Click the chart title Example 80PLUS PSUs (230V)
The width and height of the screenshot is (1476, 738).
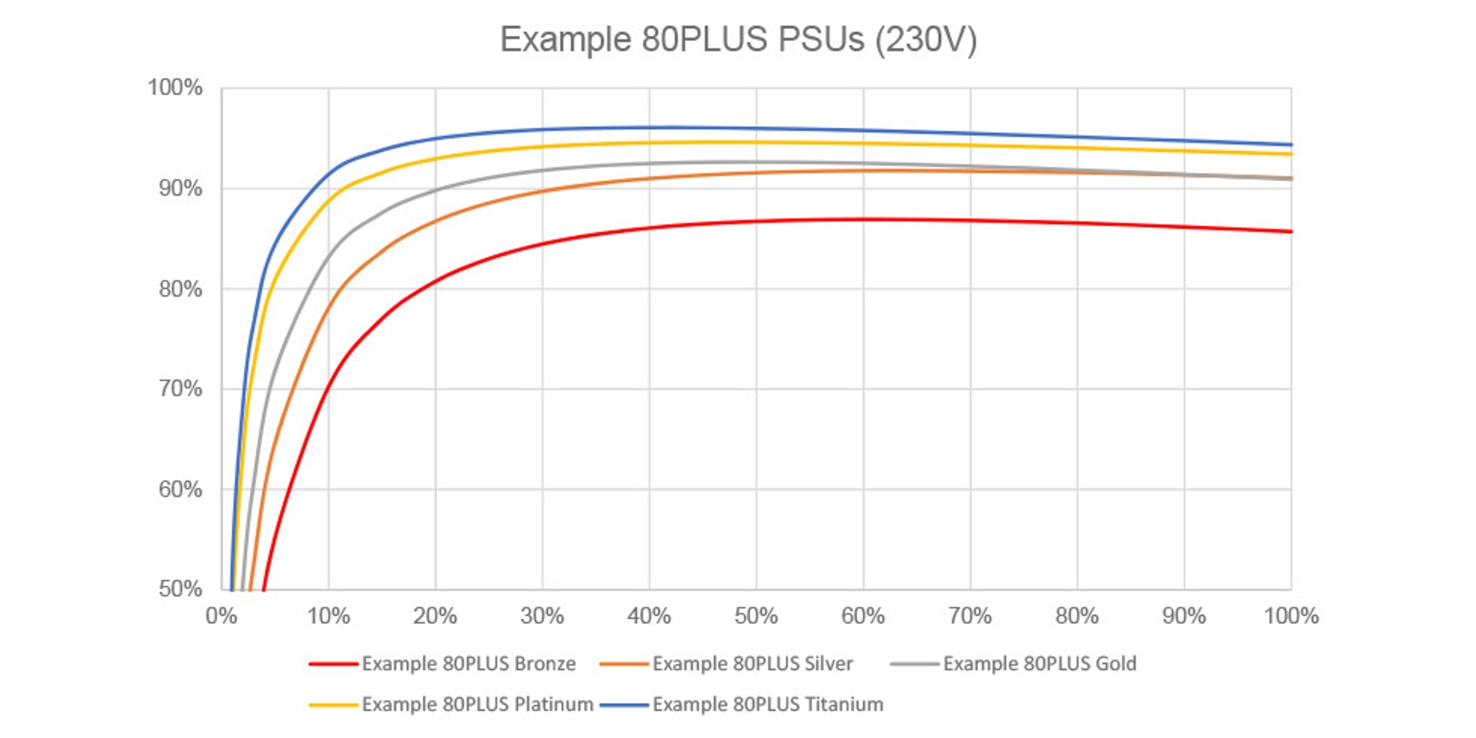coord(738,39)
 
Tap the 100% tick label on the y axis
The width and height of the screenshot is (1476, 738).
coord(175,88)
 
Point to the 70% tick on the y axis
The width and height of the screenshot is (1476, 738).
coord(180,389)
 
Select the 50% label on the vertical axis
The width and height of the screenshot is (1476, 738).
coord(180,589)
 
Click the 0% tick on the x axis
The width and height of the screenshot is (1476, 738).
coord(221,616)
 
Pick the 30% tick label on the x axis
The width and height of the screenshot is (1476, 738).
coord(542,616)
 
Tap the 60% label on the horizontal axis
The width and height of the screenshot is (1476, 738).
coord(863,616)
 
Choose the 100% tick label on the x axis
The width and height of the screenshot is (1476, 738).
coord(1291,616)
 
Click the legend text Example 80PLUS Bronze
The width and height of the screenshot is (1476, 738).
coord(468,663)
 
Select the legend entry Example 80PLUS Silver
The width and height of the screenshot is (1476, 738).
coord(752,663)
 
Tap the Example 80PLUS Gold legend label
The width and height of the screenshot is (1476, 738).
coord(1039,663)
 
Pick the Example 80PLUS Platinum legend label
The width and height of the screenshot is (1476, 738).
coord(477,704)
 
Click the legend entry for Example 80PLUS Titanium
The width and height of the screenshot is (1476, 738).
coord(768,704)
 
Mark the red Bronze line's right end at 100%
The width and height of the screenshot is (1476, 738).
coord(1291,231)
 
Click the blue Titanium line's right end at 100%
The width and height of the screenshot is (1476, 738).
coord(1291,144)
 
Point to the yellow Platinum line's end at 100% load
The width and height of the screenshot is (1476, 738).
coord(1291,153)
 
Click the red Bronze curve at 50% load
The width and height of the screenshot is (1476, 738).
coord(756,221)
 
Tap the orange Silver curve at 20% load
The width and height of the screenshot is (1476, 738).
coord(435,221)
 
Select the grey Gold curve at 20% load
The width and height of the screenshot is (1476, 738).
coord(435,190)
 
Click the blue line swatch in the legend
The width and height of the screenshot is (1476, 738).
coord(624,704)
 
